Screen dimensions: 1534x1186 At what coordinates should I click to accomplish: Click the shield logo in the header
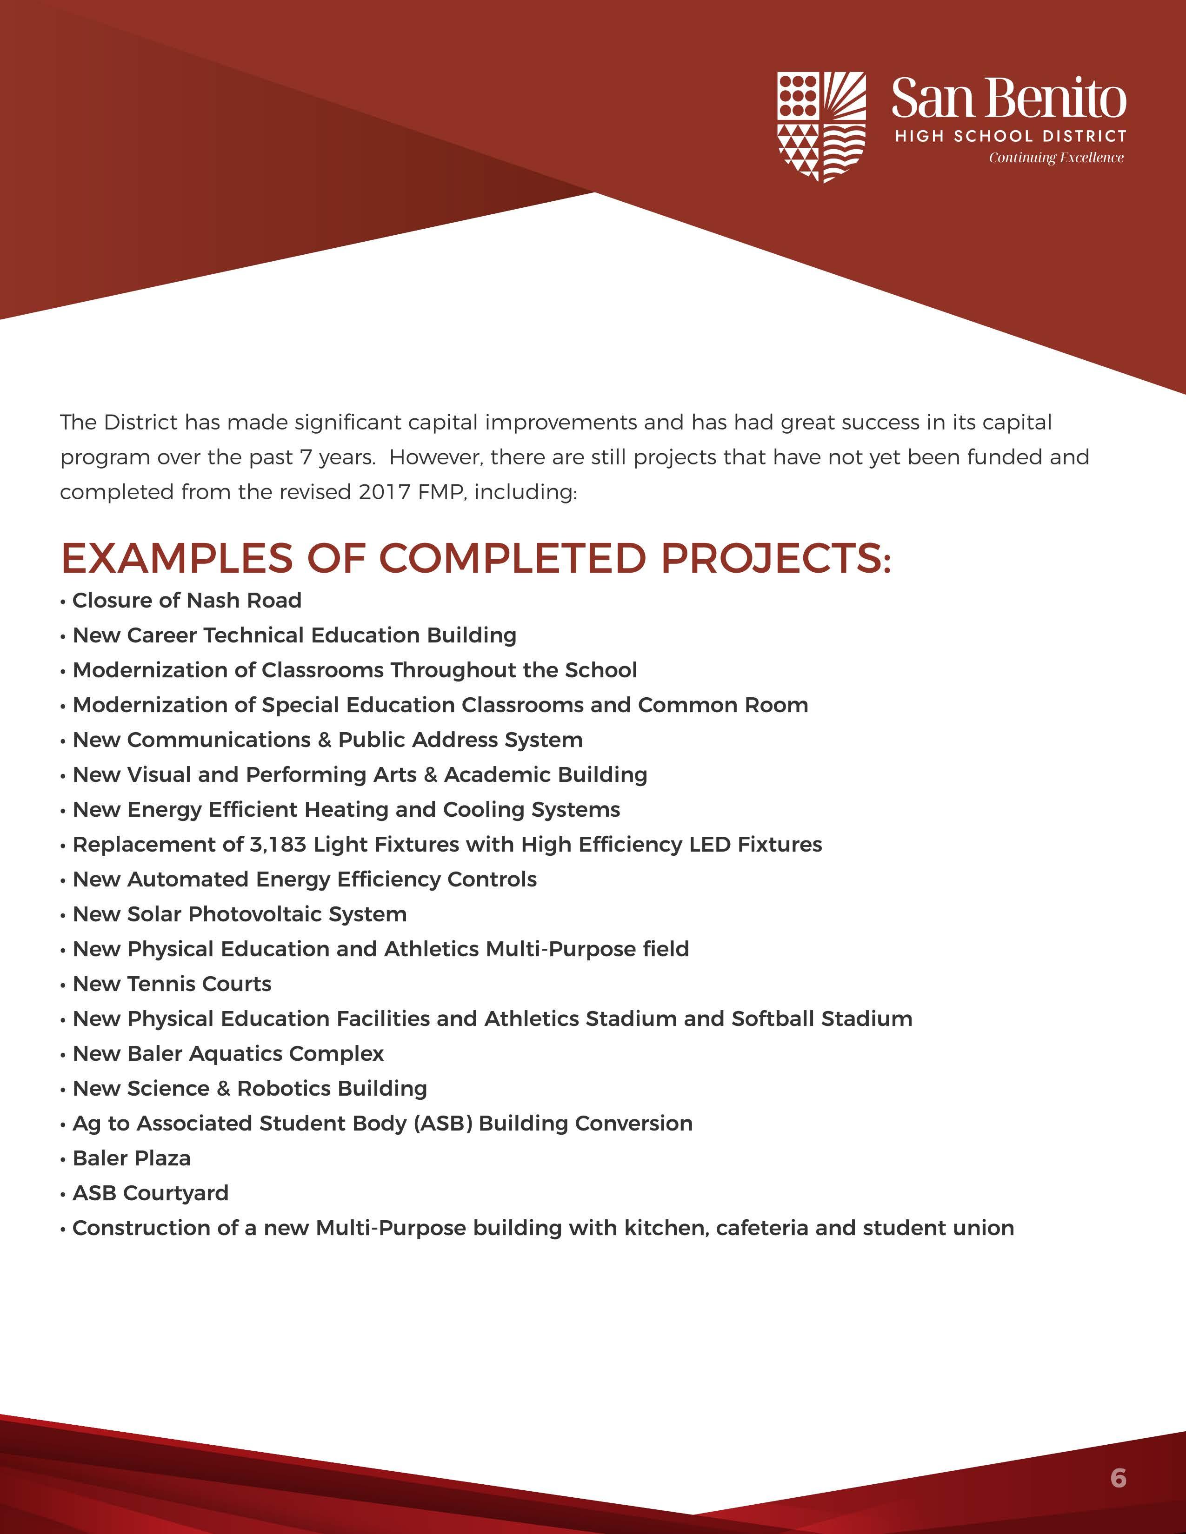pyautogui.click(x=820, y=127)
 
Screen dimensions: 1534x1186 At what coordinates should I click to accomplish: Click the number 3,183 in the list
pyautogui.click(x=278, y=844)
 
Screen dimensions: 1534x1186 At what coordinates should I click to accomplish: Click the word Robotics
pyautogui.click(x=283, y=1089)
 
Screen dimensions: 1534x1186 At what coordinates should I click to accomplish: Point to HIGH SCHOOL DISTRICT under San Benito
pyautogui.click(x=1010, y=136)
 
